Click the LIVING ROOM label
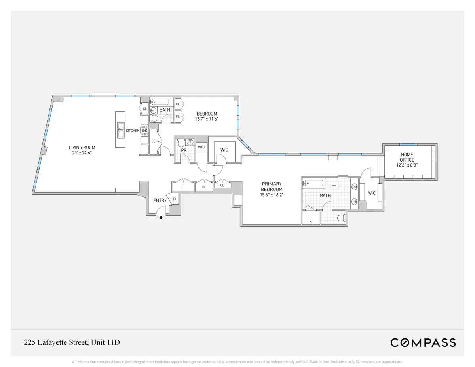click(82, 148)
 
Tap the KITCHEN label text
click(132, 131)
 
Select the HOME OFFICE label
click(407, 157)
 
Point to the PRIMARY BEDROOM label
click(272, 186)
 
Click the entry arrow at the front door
click(161, 217)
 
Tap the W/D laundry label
click(201, 147)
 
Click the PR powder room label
click(183, 151)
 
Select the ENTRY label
click(160, 201)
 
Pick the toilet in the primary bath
click(340, 218)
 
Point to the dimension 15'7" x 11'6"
click(207, 119)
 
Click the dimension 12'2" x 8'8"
click(407, 165)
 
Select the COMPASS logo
click(423, 342)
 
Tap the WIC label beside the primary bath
click(371, 193)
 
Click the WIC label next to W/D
click(224, 150)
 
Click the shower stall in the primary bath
click(311, 217)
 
